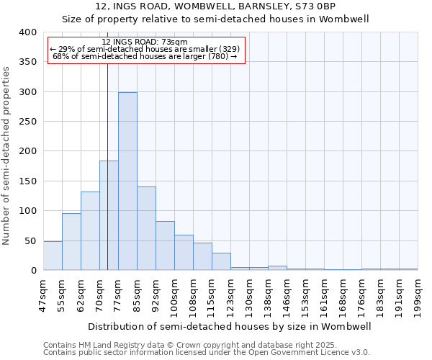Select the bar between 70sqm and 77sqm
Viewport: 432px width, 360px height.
coord(109,215)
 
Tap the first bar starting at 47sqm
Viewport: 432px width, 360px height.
coord(53,256)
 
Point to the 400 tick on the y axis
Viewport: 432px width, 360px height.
coord(27,32)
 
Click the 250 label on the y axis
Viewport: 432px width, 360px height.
coord(27,122)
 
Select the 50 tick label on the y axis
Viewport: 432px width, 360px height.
coord(30,240)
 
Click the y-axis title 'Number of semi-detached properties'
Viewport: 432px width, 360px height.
coord(6,155)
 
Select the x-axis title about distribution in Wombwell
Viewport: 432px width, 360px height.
coord(230,326)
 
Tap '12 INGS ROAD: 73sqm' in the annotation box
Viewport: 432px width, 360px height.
coord(145,42)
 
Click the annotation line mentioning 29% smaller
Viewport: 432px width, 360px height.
coord(145,49)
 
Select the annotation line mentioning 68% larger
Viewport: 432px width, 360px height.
coord(145,56)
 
